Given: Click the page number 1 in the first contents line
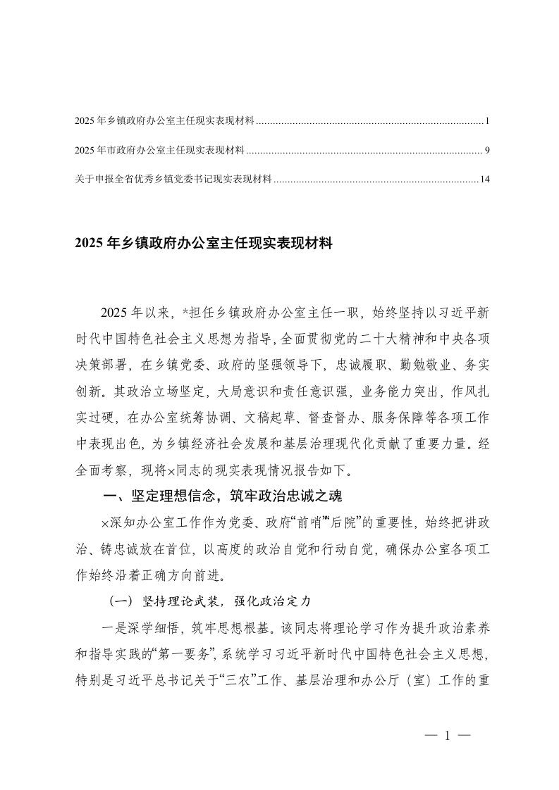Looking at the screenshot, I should [x=487, y=122].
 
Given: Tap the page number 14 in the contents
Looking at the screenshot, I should [x=484, y=179].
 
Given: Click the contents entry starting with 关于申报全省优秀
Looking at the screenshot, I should [x=173, y=179].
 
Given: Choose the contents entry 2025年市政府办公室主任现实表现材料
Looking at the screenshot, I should [x=159, y=150].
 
